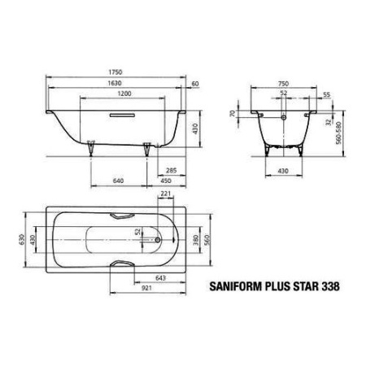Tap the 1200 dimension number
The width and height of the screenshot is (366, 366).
[x=123, y=94]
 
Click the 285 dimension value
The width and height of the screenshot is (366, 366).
[x=171, y=170]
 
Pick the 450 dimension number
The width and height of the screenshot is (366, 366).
[x=166, y=181]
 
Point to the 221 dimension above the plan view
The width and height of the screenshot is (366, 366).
[x=167, y=193]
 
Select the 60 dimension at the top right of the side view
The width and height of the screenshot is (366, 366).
[x=194, y=83]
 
